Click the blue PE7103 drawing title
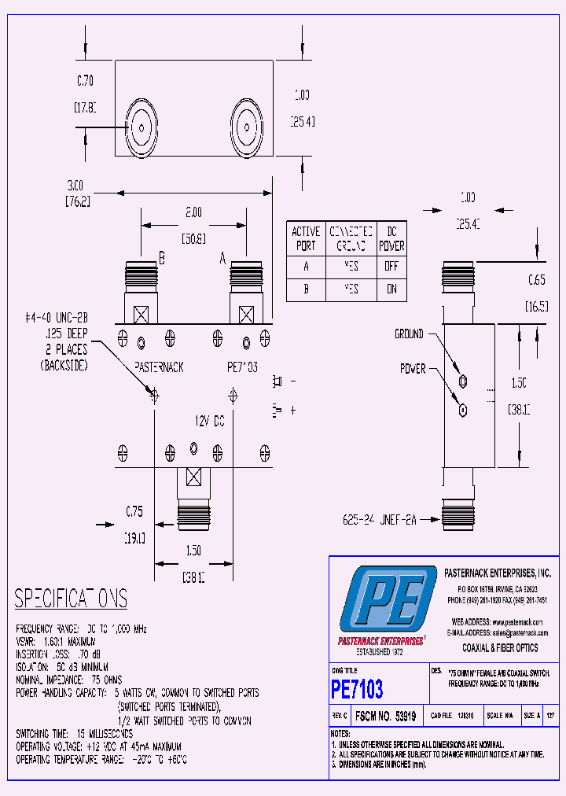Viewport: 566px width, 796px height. [x=358, y=690]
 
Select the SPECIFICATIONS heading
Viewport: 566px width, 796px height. [x=71, y=599]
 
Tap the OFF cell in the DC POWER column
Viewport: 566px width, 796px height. [x=391, y=267]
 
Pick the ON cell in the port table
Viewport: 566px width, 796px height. [x=391, y=289]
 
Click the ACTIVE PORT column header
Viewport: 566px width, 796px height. [x=305, y=238]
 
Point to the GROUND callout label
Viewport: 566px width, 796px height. [x=409, y=334]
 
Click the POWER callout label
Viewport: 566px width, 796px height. [x=413, y=368]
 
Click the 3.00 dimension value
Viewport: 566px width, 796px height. [x=75, y=185]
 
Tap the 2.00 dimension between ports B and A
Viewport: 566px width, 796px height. [x=193, y=212]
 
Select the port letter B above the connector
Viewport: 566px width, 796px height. [x=161, y=257]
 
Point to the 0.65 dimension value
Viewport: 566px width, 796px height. [x=536, y=280]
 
